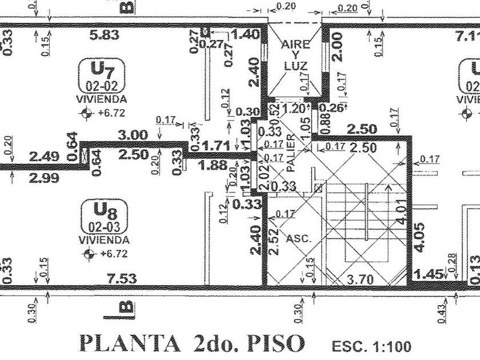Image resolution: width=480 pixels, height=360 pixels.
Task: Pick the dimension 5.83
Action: tap(105, 35)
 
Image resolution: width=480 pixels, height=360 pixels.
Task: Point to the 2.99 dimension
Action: tap(44, 178)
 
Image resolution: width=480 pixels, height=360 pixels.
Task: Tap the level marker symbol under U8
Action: tap(87, 253)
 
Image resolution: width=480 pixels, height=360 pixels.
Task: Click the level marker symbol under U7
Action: tap(87, 113)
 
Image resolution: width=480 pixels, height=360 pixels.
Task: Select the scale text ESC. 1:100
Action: tap(370, 346)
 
